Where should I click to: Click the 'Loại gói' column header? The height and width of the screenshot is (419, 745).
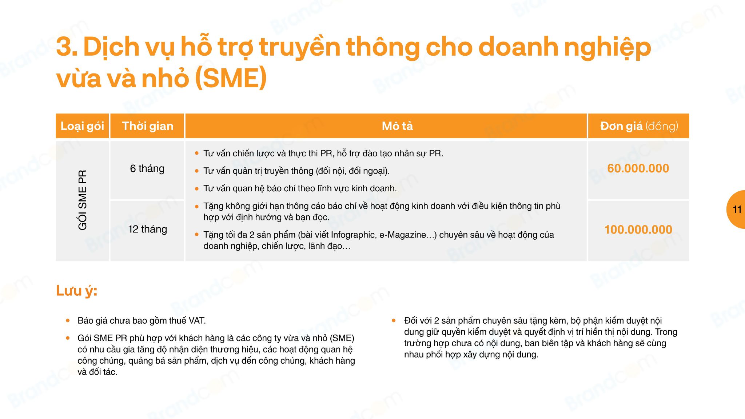[82, 126]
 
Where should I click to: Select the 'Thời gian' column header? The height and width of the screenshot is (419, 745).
[147, 126]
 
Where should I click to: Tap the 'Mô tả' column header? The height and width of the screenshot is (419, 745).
[397, 126]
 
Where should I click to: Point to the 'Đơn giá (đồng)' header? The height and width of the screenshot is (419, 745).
[639, 126]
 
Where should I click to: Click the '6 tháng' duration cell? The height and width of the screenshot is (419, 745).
[147, 169]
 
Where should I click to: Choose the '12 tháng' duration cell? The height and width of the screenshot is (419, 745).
[147, 229]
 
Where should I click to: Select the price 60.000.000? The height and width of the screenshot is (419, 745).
[638, 168]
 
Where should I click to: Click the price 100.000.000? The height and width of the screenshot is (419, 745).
[638, 230]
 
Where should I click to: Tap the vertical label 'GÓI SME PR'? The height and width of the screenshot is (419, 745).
[83, 200]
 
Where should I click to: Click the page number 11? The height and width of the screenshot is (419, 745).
[737, 209]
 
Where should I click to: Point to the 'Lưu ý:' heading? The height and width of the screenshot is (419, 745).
[77, 291]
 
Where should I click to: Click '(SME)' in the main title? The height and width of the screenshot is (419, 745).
[231, 78]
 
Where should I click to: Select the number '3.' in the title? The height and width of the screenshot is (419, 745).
[67, 47]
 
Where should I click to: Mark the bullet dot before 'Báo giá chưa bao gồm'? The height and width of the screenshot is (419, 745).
[68, 320]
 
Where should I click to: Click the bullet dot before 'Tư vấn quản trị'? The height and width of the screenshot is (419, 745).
[197, 171]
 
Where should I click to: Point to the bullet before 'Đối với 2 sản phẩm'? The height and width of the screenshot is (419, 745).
[394, 320]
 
